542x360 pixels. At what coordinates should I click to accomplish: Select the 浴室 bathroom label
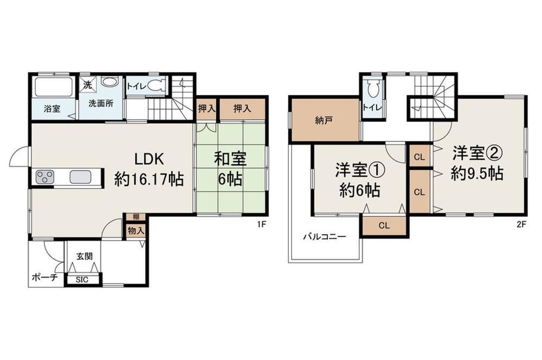point(52,108)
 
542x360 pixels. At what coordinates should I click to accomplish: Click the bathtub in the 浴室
point(53,87)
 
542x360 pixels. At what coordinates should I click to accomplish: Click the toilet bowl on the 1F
point(158,85)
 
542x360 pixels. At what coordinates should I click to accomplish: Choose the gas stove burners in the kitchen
point(45,177)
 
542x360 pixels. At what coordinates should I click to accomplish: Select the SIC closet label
point(82,280)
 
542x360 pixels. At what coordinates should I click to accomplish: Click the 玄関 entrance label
point(85,256)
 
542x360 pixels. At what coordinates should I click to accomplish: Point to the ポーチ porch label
point(44,277)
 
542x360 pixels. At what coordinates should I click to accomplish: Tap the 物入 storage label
point(135,230)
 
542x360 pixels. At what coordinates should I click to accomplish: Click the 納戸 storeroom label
point(324,120)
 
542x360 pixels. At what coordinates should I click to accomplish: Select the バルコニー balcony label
point(325,237)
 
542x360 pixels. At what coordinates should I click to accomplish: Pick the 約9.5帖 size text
point(476,173)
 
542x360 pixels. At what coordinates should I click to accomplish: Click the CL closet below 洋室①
point(384,226)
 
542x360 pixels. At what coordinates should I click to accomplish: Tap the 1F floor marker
point(261,224)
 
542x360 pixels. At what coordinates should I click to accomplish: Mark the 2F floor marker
point(521,224)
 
